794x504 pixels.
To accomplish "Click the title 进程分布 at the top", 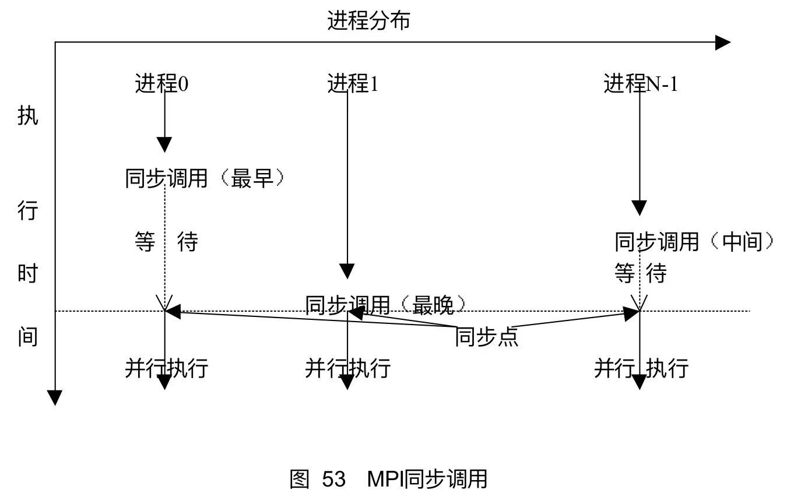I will (368, 22).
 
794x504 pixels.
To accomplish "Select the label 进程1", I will (353, 84).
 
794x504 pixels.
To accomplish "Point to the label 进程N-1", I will (641, 84).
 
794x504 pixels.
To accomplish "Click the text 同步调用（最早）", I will (206, 178).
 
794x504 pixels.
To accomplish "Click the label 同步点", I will (486, 337).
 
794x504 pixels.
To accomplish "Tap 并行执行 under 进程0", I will (166, 368).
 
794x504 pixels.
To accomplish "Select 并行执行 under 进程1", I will (347, 368).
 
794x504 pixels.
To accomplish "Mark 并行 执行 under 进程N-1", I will (641, 368).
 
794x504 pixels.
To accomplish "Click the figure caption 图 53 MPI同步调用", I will (388, 480).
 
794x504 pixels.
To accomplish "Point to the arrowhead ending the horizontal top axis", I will (723, 42).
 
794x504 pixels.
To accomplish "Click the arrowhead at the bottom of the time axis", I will (55, 398).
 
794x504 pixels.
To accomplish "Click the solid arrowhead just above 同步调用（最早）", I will (165, 144).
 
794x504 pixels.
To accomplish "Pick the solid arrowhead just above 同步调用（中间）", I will (640, 208).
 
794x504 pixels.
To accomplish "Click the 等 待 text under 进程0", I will (166, 241).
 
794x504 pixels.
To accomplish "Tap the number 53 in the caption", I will (334, 480).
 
